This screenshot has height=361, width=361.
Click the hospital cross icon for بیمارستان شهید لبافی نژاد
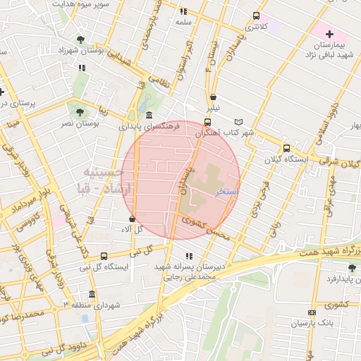(x=329, y=34)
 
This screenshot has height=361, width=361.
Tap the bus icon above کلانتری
(x=255, y=16)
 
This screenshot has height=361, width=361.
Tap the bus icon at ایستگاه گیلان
(x=286, y=148)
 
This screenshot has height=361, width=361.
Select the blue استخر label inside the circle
(x=227, y=192)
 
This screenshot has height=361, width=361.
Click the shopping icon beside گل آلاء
(x=133, y=219)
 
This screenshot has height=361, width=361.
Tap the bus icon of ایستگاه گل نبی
(x=104, y=256)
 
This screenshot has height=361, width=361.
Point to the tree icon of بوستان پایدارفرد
(x=352, y=268)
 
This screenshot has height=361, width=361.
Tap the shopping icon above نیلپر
(x=213, y=98)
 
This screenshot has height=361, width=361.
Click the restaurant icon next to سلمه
(x=183, y=11)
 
